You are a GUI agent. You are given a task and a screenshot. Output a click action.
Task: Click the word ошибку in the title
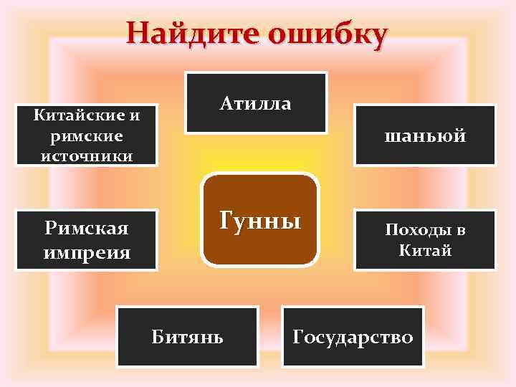tap(327, 34)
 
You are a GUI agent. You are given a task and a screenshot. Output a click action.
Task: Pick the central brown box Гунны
tap(259, 219)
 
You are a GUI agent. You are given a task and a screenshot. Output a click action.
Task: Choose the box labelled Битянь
tap(187, 337)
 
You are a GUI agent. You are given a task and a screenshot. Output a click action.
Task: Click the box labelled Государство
tap(353, 337)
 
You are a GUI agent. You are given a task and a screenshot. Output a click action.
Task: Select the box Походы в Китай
tap(425, 240)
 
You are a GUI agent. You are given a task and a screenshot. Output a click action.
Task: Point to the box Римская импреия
tap(86, 240)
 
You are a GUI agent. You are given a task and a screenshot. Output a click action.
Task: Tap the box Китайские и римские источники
tap(86, 135)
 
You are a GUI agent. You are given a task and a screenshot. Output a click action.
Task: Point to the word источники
tap(86, 156)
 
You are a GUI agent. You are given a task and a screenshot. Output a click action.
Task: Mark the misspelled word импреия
tap(87, 252)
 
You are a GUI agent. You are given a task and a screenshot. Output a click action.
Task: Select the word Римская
tap(86, 229)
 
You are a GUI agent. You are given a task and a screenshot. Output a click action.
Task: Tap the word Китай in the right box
tap(425, 251)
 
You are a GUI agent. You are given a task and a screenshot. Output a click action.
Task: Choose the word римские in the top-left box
tap(86, 135)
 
